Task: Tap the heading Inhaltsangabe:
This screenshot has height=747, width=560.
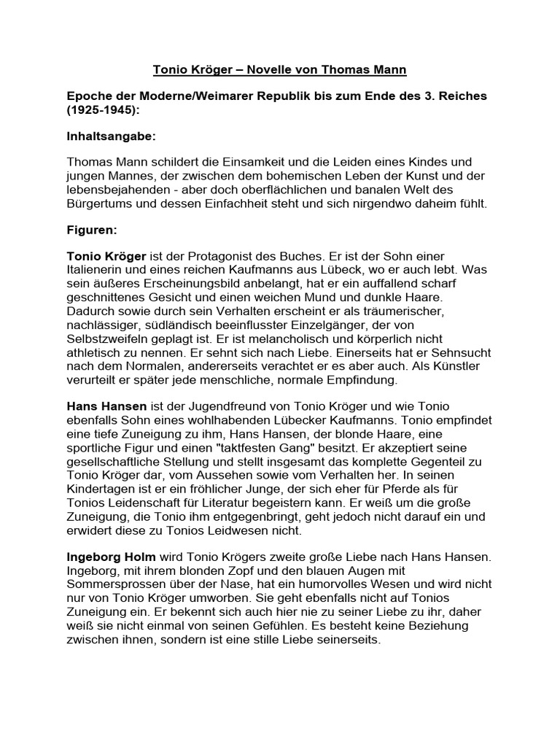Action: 111,136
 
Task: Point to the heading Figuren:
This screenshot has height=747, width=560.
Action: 91,230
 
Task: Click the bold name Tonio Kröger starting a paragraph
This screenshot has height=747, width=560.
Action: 106,257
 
